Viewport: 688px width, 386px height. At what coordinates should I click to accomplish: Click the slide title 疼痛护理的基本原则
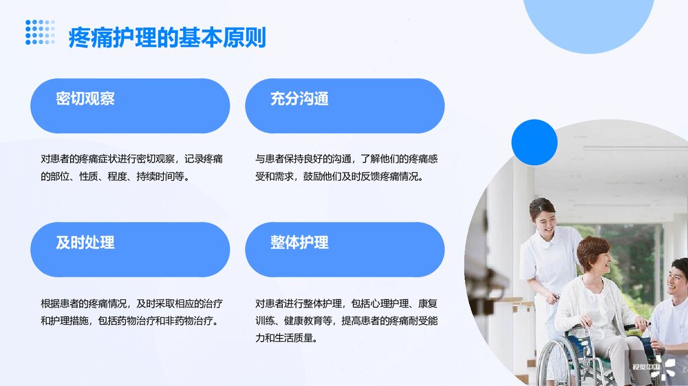click(166, 37)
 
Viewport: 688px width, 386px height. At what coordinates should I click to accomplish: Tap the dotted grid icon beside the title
click(40, 32)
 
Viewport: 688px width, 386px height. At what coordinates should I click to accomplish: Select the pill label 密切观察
click(85, 99)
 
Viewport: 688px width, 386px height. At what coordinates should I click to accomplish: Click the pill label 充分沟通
click(299, 99)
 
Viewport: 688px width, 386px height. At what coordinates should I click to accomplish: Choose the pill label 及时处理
click(85, 242)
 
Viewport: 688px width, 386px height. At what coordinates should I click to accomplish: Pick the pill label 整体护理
click(299, 242)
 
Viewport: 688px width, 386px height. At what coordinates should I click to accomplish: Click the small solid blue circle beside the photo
click(534, 142)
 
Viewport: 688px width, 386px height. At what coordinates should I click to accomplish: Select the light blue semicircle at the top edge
click(588, 21)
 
